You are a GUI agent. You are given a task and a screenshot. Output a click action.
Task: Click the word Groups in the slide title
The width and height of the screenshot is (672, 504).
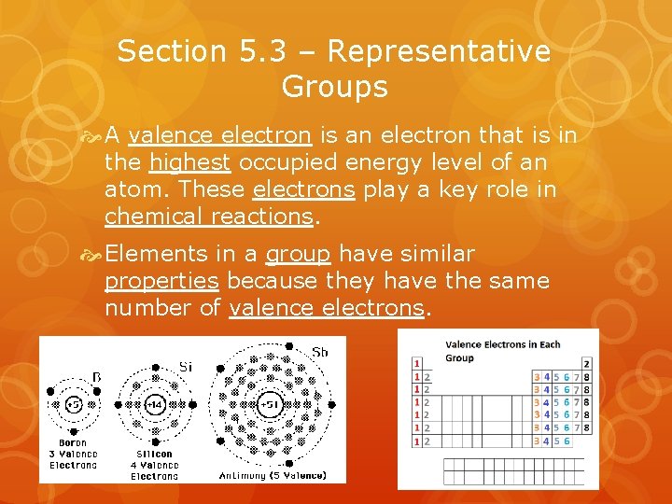click(x=334, y=87)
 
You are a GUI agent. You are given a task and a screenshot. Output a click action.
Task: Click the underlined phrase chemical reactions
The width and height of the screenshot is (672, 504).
click(x=208, y=217)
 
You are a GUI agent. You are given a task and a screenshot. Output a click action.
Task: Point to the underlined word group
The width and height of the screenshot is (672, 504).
click(x=299, y=254)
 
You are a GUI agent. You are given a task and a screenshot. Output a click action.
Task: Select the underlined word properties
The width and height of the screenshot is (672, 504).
click(x=161, y=281)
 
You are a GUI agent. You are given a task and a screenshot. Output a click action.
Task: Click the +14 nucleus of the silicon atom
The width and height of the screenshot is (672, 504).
click(x=156, y=404)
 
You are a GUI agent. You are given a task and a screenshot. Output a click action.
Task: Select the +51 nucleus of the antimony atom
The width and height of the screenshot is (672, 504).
click(x=269, y=404)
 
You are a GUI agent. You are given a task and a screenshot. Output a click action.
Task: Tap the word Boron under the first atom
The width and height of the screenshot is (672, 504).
click(x=73, y=443)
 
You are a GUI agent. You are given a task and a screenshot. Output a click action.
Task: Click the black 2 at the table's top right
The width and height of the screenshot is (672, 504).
click(x=586, y=363)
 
